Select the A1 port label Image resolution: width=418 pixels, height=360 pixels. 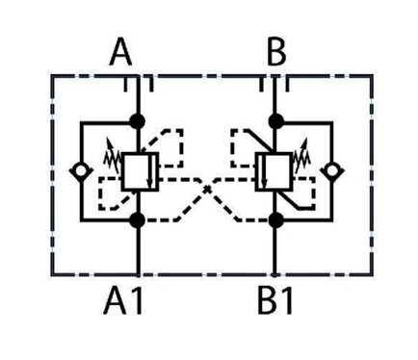[123, 302]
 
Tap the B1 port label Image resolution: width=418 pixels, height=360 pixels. [275, 302]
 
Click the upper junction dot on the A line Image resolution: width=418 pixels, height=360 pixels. [138, 121]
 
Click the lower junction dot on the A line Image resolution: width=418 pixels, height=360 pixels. [138, 219]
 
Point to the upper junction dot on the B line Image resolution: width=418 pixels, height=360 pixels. [275, 121]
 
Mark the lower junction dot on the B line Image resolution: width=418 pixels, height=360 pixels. [275, 219]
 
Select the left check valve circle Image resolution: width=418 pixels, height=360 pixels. [81, 170]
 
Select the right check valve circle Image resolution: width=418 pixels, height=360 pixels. [332, 170]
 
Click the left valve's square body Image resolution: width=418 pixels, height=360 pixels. [140, 171]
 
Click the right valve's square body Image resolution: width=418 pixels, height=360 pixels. [274, 171]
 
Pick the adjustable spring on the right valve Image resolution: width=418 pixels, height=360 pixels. [301, 156]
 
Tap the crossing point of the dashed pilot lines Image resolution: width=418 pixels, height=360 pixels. [207, 189]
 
